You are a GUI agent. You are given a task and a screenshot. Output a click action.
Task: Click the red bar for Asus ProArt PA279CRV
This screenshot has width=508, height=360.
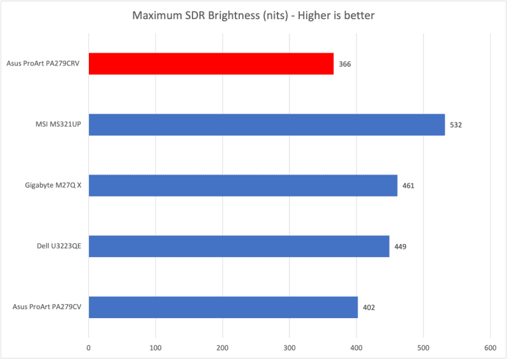coord(211,63)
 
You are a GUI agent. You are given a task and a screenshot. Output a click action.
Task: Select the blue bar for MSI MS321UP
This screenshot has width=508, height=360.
coord(267,124)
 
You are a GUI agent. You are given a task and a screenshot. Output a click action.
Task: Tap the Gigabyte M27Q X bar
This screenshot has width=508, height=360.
coord(243,185)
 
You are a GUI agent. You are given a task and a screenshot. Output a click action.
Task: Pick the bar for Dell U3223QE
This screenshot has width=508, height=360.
coord(239,246)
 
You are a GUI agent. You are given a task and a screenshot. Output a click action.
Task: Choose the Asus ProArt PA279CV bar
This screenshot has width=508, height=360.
coord(223,307)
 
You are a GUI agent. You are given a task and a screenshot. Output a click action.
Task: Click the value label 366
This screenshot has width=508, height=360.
coord(345,64)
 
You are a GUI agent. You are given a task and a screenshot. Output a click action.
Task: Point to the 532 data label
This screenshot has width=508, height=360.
coord(455,125)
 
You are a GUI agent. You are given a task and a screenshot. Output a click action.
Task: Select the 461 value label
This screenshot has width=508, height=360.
coord(408,186)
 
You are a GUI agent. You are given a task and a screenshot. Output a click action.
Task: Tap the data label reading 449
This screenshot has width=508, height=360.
coord(400,246)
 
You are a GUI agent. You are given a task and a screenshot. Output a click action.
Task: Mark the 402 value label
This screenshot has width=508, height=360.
coord(369,307)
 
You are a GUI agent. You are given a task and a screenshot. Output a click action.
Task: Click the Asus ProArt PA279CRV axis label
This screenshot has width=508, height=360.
coord(46,64)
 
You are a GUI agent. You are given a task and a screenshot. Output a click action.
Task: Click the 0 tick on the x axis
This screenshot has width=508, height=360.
coord(89,347)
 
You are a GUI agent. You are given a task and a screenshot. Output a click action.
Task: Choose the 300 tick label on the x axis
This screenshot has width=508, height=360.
coord(289,347)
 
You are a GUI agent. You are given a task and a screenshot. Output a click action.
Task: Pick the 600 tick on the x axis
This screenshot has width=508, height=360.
coord(490,347)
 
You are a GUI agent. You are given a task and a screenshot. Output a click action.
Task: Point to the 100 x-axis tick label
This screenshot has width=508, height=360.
coord(156,347)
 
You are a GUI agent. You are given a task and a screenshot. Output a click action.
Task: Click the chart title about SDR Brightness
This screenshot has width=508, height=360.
coord(253,15)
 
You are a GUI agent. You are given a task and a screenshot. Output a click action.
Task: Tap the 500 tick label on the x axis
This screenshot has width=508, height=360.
coord(423,347)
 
